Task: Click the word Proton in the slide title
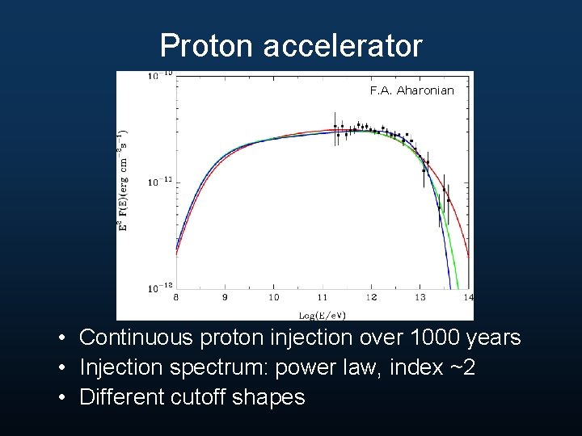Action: [x=208, y=46]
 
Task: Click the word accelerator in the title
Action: [x=343, y=46]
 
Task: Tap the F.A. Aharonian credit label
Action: [x=412, y=90]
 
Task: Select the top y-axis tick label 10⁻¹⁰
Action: [x=159, y=76]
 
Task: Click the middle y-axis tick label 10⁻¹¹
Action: [x=159, y=182]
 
